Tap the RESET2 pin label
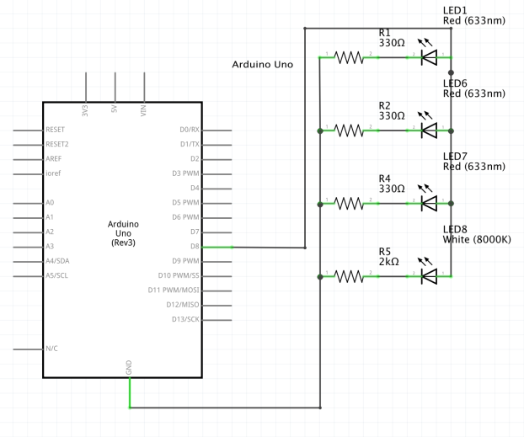pyautogui.click(x=57, y=144)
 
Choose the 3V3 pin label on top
pyautogui.click(x=85, y=109)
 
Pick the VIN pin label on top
pyautogui.click(x=144, y=109)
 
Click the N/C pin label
pyautogui.click(x=52, y=348)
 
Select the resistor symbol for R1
pyautogui.click(x=349, y=57)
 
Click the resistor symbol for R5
pyautogui.click(x=349, y=275)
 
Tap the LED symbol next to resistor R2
pyautogui.click(x=428, y=131)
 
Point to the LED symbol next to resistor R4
pyautogui.click(x=428, y=203)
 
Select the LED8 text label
pyautogui.click(x=455, y=229)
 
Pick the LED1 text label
pyautogui.click(x=455, y=10)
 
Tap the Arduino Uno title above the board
pyautogui.click(x=262, y=64)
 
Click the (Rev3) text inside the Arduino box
pyautogui.click(x=124, y=242)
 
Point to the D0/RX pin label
pyautogui.click(x=189, y=130)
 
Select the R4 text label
pyautogui.click(x=384, y=179)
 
